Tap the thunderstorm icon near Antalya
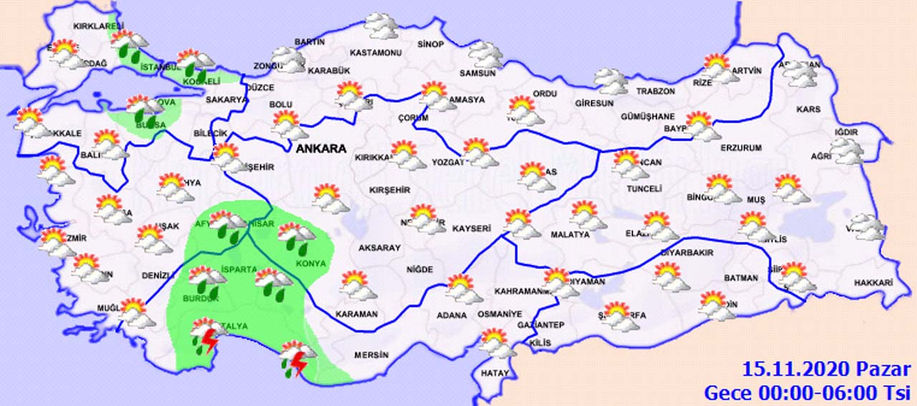[206, 336]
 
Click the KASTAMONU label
[375, 53]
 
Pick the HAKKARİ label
[873, 283]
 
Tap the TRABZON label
[656, 92]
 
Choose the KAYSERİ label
[471, 229]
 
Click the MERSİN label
[371, 355]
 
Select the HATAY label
[494, 373]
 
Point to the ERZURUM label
[741, 148]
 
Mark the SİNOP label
[431, 44]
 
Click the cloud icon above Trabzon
[611, 80]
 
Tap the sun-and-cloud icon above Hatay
[496, 343]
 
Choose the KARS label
[807, 110]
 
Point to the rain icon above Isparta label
[273, 282]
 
